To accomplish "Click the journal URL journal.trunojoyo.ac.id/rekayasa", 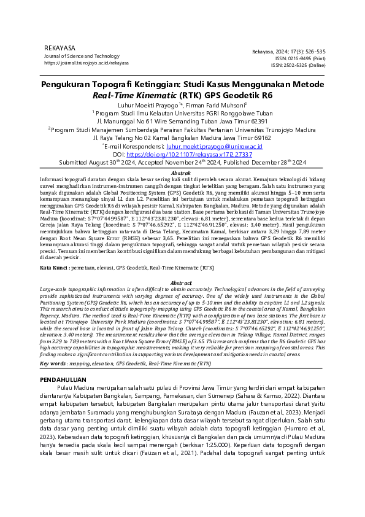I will (x=86, y=63).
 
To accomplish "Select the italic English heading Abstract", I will (x=182, y=282).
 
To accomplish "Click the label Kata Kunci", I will (x=53, y=268).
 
